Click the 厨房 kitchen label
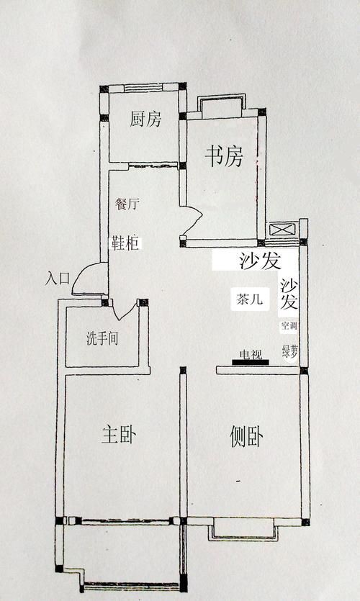point(145,119)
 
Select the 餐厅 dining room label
point(127,204)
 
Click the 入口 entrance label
point(57,278)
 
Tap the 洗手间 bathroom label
point(102,338)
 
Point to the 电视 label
point(251,353)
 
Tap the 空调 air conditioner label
point(289,326)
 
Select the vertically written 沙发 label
point(289,294)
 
